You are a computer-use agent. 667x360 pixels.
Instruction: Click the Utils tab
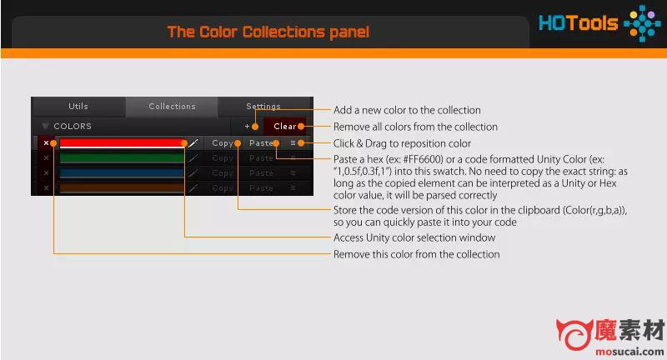[x=78, y=107]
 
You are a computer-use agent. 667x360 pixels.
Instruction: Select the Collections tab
[x=172, y=107]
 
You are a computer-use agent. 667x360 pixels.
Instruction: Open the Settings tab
[x=263, y=107]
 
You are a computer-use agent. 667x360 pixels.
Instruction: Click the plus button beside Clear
[x=247, y=126]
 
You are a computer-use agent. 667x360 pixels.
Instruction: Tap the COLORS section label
[x=73, y=126]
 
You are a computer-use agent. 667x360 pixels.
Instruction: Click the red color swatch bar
[x=121, y=142]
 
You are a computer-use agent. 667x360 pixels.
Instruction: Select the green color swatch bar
[x=121, y=158]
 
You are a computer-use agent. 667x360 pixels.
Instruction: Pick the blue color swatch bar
[x=121, y=173]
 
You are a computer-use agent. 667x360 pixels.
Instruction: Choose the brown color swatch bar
[x=121, y=187]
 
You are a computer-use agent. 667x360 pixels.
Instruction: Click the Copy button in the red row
[x=223, y=143]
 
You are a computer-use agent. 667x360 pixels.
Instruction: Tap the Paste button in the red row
[x=261, y=143]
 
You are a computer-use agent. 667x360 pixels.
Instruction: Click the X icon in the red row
[x=46, y=143]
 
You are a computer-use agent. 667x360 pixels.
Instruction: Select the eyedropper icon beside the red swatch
[x=193, y=143]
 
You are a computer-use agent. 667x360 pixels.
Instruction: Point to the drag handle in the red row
[x=293, y=143]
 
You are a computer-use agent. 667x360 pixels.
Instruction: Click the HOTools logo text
[x=578, y=23]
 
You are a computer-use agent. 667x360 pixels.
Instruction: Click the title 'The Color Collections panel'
[x=268, y=32]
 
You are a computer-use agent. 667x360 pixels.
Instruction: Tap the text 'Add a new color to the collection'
[x=407, y=110]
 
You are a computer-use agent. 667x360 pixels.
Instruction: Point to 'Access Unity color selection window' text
[x=414, y=237]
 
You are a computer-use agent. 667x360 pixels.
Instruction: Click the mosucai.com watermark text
[x=629, y=352]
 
